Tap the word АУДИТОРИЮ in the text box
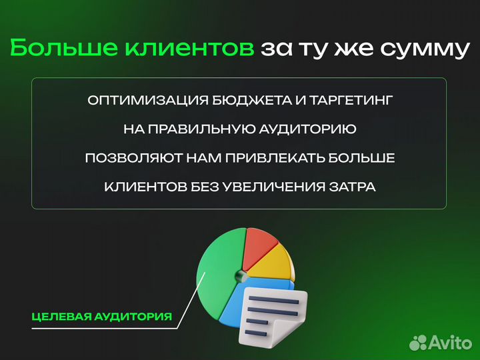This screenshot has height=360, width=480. pos(313,130)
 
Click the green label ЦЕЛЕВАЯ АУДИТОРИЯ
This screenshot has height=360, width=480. pos(101,316)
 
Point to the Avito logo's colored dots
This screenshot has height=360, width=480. pos(417,342)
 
